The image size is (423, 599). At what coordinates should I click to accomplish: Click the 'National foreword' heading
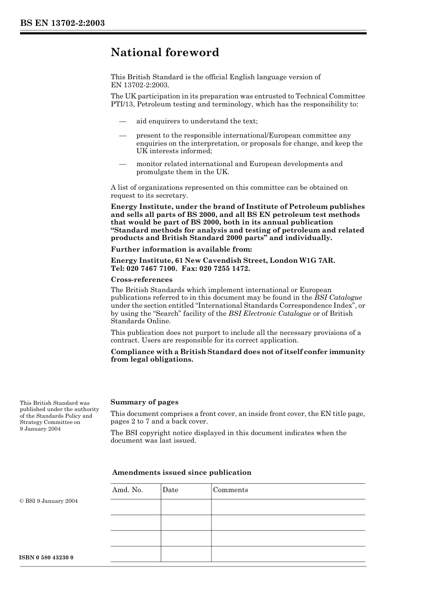165,53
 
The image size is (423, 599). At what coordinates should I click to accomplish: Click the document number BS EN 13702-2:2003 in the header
62,23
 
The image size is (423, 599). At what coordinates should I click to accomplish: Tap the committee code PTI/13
121,104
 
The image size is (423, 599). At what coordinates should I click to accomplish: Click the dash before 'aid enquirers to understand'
122,121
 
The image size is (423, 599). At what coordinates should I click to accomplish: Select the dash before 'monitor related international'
122,164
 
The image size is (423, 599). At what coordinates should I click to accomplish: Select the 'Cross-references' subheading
141,280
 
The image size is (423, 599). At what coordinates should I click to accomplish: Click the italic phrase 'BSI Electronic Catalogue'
270,314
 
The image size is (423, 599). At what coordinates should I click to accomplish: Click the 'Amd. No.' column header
127,490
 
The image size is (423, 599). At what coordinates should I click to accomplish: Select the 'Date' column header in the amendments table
170,490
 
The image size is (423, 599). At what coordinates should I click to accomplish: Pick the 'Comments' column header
230,490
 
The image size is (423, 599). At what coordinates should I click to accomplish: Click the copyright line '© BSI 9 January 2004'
49,501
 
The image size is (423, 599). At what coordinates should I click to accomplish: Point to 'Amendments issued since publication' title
181,473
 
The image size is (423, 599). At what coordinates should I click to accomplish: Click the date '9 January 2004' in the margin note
40,429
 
